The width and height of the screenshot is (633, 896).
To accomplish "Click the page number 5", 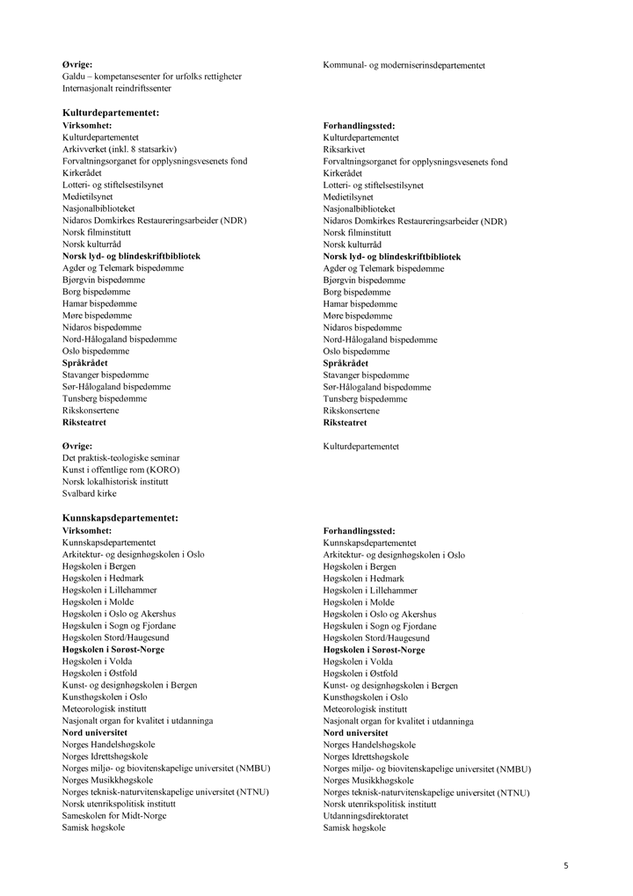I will (x=566, y=866).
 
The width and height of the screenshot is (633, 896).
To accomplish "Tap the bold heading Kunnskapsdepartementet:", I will (x=120, y=519).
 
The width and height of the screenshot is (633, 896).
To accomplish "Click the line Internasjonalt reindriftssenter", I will (x=117, y=88).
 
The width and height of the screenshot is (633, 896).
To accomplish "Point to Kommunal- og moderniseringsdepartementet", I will (x=404, y=65).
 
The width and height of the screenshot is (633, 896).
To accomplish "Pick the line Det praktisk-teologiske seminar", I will (x=120, y=458).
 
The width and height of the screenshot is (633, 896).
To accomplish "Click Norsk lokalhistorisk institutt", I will (x=115, y=482).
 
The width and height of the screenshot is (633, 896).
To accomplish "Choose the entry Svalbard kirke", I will (x=89, y=494).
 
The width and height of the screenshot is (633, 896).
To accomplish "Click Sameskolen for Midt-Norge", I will (x=114, y=816).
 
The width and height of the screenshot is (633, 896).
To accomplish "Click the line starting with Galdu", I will (x=151, y=76).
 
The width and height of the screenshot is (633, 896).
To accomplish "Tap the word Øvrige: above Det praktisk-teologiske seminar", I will (x=77, y=447).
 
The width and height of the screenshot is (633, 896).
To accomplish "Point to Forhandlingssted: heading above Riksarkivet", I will (x=359, y=126).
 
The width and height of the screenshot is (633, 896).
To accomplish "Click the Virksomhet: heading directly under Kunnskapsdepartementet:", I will (x=87, y=531).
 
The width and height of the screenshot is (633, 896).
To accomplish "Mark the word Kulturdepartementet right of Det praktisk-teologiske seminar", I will (x=360, y=447).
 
